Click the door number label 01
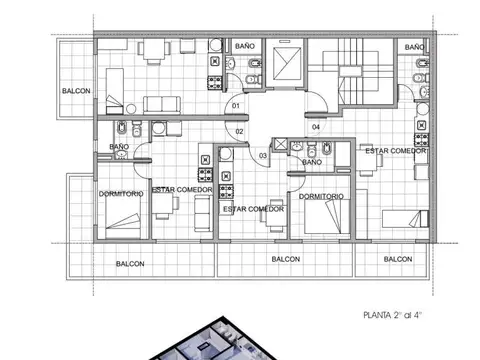(236, 104)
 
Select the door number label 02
(240, 131)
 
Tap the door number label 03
(263, 155)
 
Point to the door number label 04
(316, 127)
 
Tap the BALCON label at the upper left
(76, 91)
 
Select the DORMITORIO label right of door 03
(321, 196)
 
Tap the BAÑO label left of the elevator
(244, 46)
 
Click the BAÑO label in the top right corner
(414, 46)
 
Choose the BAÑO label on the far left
(119, 148)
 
